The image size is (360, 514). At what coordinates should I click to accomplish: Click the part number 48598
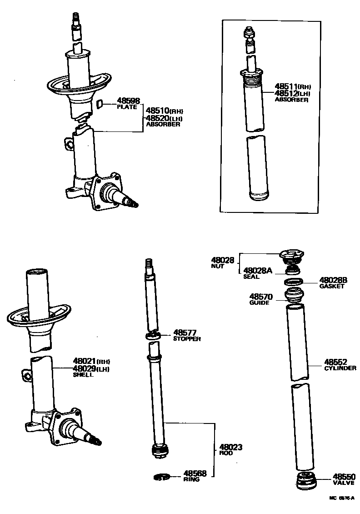(128, 101)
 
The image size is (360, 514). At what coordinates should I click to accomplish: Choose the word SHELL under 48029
(83, 375)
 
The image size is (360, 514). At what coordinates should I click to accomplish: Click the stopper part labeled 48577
(153, 336)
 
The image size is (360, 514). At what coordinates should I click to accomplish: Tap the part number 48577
(185, 333)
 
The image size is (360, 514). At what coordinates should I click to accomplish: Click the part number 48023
(231, 447)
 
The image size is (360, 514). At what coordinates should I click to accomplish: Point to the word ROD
(226, 453)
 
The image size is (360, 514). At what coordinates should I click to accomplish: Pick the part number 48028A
(258, 271)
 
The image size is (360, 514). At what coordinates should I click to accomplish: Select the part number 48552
(335, 362)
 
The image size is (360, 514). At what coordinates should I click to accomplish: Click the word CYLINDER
(340, 368)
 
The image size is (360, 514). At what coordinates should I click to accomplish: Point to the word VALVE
(343, 483)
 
